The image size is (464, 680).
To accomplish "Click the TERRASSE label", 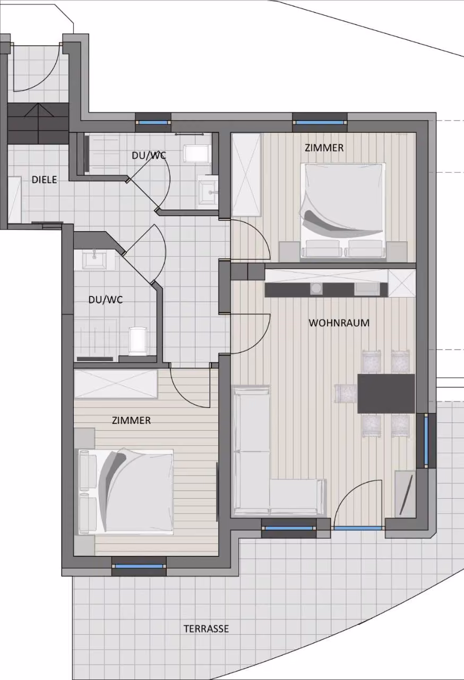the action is pyautogui.click(x=206, y=628).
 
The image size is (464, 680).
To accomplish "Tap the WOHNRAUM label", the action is pyautogui.click(x=339, y=322).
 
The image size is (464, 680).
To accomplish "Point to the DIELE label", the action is pyautogui.click(x=44, y=180).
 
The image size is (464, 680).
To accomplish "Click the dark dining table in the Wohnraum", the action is pyautogui.click(x=386, y=394).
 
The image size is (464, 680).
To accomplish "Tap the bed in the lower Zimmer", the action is pyautogui.click(x=125, y=492).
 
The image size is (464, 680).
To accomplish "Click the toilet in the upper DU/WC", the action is pyautogui.click(x=196, y=154).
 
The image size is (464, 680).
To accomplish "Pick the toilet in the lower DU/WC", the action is pyautogui.click(x=138, y=341).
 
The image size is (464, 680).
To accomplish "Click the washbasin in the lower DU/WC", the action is pyautogui.click(x=94, y=260).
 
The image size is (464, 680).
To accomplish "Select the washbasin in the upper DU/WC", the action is pyautogui.click(x=208, y=191).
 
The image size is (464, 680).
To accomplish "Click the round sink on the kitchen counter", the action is pyautogui.click(x=316, y=288).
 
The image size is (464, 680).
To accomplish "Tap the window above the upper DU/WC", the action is pyautogui.click(x=153, y=123).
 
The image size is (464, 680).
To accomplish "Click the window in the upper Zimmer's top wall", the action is pyautogui.click(x=320, y=123).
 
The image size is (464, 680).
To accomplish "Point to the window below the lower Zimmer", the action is pyautogui.click(x=139, y=566).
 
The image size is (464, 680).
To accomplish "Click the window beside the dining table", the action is pyautogui.click(x=426, y=441).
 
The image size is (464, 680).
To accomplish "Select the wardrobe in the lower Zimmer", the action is pyautogui.click(x=116, y=384).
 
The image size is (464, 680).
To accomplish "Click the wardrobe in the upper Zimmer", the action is pyautogui.click(x=246, y=175).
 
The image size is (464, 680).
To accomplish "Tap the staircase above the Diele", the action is pyautogui.click(x=38, y=123).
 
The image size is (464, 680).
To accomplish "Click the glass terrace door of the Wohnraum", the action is pyautogui.click(x=358, y=529).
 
